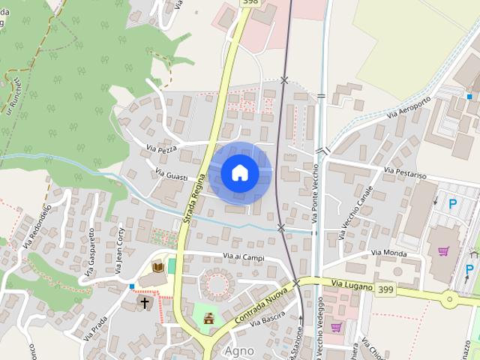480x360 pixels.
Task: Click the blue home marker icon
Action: [x=240, y=173]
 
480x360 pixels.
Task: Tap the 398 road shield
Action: [x=250, y=2]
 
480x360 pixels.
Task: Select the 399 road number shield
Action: [x=386, y=289]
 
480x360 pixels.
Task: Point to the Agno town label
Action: [x=238, y=350]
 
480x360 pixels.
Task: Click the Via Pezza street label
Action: [x=162, y=149]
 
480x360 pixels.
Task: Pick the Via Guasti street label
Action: [x=171, y=175]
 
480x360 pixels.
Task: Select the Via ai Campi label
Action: [x=244, y=257]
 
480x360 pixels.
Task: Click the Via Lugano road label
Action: [x=347, y=283]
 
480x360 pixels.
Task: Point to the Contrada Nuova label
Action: [x=260, y=306]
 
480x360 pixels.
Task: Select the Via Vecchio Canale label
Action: [x=355, y=211]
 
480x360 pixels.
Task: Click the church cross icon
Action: [x=145, y=303]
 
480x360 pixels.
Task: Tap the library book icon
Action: [x=158, y=266]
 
